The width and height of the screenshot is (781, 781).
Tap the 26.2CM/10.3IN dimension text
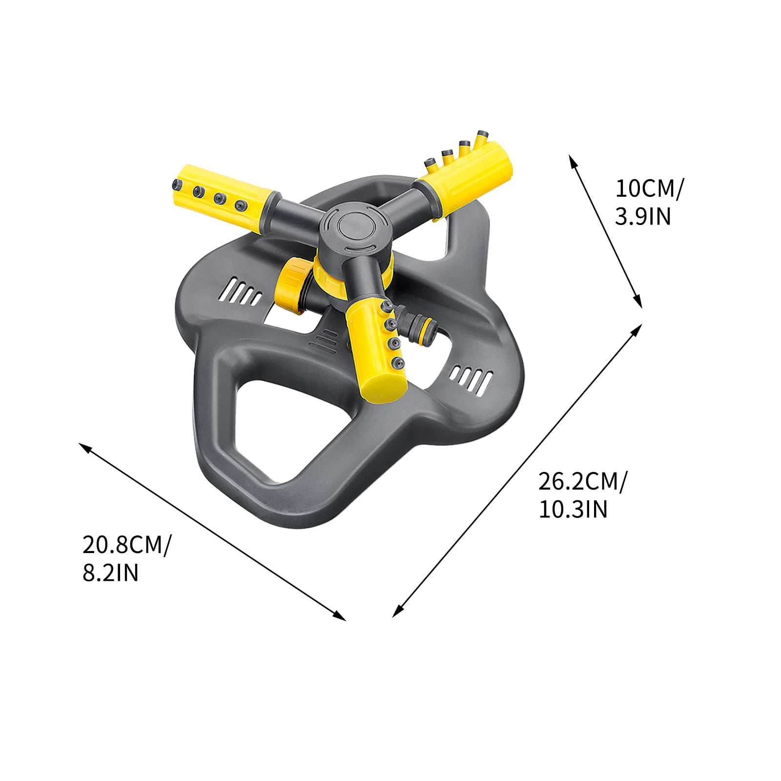tap(582, 495)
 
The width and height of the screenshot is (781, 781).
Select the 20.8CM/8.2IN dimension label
tap(126, 558)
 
